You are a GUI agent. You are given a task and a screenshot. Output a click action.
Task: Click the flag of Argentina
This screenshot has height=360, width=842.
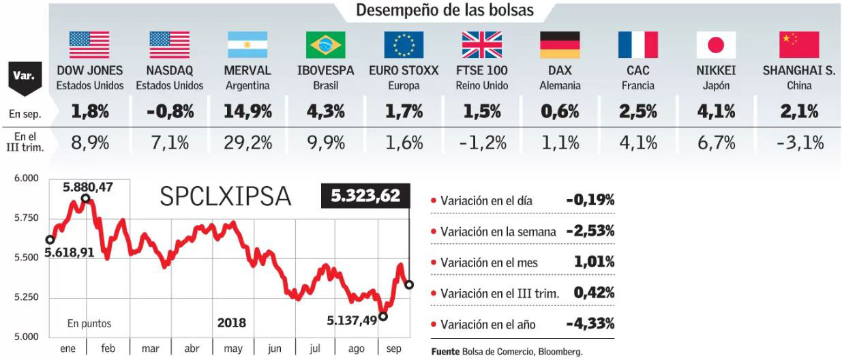(x=247, y=45)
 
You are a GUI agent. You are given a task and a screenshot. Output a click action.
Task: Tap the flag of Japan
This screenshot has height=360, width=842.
(x=716, y=45)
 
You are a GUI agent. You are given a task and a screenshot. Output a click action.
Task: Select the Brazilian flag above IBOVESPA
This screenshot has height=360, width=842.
(x=326, y=45)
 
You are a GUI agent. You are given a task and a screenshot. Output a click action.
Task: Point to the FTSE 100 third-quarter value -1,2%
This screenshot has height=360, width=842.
(x=481, y=142)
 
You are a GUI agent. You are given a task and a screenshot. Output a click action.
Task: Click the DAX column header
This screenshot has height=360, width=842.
(x=560, y=70)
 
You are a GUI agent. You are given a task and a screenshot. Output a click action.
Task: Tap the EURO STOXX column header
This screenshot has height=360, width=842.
(x=404, y=70)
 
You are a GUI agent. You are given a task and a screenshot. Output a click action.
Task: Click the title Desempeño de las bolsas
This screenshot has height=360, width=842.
(x=445, y=10)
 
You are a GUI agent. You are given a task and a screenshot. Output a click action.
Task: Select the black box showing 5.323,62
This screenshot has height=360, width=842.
(x=365, y=196)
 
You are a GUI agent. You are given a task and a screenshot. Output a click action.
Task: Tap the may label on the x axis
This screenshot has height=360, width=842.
(x=232, y=348)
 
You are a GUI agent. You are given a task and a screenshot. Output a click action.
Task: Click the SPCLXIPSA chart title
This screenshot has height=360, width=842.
(x=226, y=197)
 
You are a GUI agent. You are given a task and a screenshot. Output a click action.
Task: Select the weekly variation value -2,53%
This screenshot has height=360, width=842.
(x=590, y=231)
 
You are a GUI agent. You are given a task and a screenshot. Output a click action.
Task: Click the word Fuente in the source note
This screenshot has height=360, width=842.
(x=448, y=352)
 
